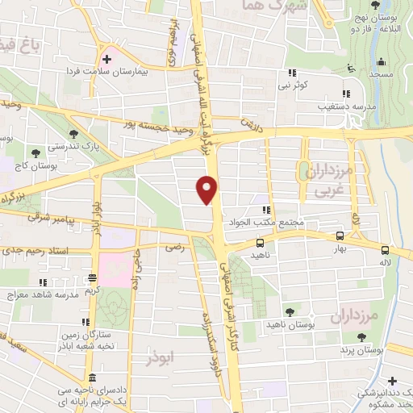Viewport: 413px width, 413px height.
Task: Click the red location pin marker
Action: [208, 188]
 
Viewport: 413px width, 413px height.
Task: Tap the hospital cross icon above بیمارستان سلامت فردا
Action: [106, 60]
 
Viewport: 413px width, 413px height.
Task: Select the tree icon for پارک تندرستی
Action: [74, 134]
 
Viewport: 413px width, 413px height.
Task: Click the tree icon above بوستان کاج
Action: [35, 152]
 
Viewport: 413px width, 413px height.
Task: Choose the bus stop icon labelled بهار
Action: [339, 236]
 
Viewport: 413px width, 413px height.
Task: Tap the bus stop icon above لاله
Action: [385, 250]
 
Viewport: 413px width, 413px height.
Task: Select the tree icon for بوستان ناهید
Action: [290, 311]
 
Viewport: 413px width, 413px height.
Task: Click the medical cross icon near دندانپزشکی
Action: [392, 380]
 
